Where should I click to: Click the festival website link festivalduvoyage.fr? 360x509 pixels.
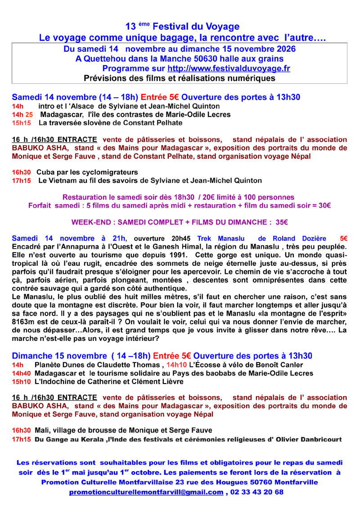[x=229, y=68]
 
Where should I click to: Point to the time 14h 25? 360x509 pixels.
[x=22, y=115]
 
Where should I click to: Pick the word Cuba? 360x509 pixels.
[x=45, y=172]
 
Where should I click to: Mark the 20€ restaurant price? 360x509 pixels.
[x=208, y=197]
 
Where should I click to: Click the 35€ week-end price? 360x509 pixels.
[x=281, y=222]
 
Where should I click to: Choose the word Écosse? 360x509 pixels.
[x=211, y=365]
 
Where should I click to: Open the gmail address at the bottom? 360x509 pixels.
[x=146, y=492]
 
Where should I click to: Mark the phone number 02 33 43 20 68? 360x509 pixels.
[x=256, y=492]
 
